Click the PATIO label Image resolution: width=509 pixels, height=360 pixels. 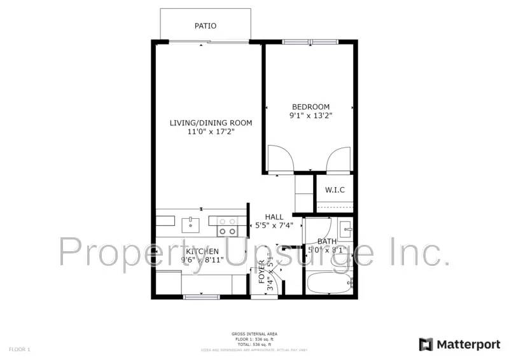(205, 26)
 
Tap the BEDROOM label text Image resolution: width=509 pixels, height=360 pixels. (310, 107)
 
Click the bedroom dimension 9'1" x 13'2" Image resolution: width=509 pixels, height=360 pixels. (310, 116)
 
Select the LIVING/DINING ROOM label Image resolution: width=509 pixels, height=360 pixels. (211, 123)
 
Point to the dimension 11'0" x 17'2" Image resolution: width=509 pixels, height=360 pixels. (211, 132)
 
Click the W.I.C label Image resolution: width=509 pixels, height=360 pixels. (335, 190)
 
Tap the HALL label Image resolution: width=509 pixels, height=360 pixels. (274, 217)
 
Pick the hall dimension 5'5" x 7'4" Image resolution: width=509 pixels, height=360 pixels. (274, 225)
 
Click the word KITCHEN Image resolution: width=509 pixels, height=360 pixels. (202, 251)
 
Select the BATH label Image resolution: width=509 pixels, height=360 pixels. (327, 242)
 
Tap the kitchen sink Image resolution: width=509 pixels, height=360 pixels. (191, 225)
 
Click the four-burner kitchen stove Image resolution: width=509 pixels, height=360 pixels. (227, 226)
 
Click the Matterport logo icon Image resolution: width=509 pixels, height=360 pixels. (425, 344)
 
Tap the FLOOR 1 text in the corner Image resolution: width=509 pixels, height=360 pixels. (19, 349)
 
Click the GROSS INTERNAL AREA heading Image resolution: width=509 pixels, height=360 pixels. (254, 334)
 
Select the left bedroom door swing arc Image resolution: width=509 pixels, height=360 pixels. (280, 158)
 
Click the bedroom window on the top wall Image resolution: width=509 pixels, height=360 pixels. (310, 43)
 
